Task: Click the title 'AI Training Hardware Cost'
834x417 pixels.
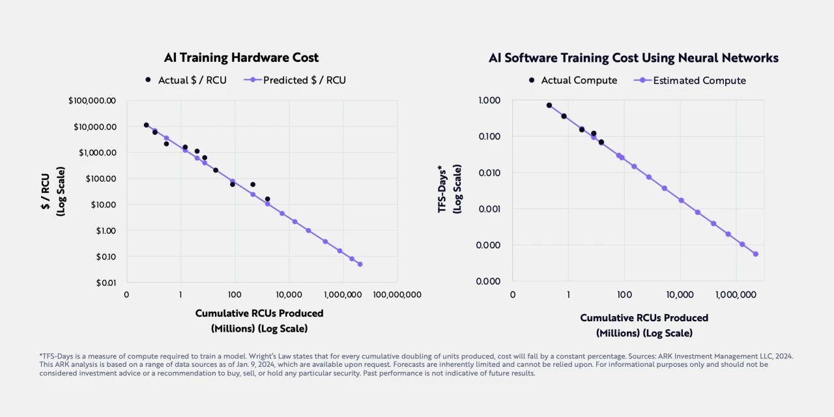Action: (241, 57)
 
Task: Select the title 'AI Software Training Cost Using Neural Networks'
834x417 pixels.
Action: (633, 57)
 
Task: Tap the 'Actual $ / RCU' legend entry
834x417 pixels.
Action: (186, 80)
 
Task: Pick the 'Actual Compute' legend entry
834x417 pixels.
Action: (573, 80)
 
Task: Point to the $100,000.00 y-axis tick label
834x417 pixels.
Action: (92, 100)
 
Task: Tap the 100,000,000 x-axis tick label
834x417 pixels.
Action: (397, 295)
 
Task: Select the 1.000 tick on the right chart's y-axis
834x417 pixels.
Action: (489, 100)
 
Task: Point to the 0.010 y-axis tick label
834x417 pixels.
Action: (489, 173)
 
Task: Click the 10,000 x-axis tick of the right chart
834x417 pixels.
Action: (680, 295)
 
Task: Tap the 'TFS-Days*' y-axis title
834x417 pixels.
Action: (443, 188)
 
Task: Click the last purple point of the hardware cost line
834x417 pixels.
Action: (360, 264)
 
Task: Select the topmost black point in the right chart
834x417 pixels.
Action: (549, 105)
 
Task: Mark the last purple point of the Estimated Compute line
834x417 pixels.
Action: (756, 253)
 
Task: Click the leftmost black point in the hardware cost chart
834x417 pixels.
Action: (146, 125)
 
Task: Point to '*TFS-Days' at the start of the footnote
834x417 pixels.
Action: (57, 356)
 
